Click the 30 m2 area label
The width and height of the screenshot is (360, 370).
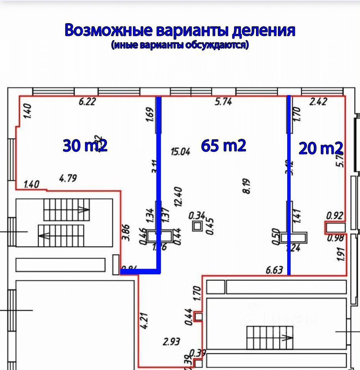(x=85, y=146)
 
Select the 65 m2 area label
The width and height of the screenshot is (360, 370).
(x=224, y=146)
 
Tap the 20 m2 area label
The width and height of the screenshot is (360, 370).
(x=321, y=148)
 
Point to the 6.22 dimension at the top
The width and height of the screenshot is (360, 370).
(x=87, y=102)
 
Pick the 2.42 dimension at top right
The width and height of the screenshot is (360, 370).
(x=318, y=102)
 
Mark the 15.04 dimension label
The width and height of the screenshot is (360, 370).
(x=181, y=151)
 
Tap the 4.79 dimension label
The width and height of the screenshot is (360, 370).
(x=68, y=178)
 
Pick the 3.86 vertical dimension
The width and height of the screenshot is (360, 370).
(x=125, y=232)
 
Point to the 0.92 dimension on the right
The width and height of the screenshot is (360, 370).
(x=335, y=216)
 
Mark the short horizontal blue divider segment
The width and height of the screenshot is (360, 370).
(x=140, y=272)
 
